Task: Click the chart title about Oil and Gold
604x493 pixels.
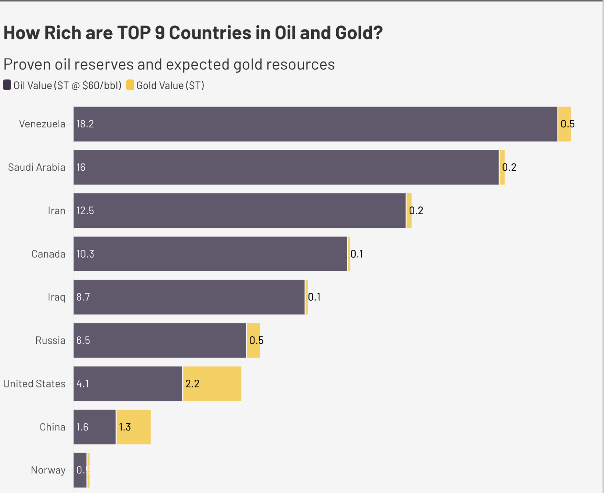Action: pos(193,33)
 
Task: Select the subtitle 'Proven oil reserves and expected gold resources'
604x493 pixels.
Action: pos(169,64)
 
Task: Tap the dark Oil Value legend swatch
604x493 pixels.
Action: pos(7,85)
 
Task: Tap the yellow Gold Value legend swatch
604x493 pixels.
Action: pos(130,85)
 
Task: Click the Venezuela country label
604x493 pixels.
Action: pos(42,124)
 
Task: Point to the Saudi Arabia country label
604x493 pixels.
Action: pos(36,167)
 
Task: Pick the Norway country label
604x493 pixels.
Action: pos(48,470)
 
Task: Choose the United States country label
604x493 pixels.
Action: pos(34,384)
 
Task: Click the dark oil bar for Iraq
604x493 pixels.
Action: pos(189,297)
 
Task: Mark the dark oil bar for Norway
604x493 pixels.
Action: pos(80,470)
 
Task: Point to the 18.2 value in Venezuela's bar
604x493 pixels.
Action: pos(85,124)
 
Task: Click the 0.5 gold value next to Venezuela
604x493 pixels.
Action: pos(568,124)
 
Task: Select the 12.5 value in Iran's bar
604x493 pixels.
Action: pos(85,210)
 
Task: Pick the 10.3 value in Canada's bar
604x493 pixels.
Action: pos(85,254)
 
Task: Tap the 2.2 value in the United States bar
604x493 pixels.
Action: pos(192,384)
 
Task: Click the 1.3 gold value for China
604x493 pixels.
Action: pos(125,427)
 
